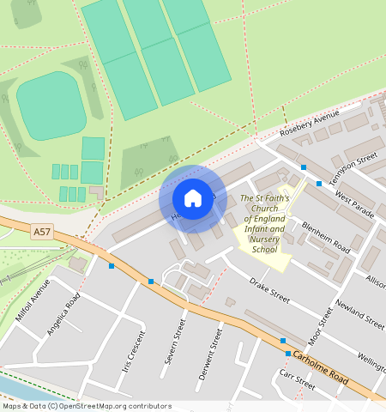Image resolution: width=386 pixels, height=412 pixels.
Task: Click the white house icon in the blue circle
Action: click(193, 199)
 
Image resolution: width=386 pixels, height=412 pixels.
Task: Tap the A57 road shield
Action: click(42, 232)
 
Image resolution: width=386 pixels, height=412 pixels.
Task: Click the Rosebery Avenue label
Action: click(310, 124)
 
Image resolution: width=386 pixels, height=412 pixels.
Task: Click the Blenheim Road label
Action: click(325, 237)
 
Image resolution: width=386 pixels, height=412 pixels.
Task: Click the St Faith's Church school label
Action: click(264, 224)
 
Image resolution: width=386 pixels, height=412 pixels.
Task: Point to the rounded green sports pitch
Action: click(51, 105)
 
